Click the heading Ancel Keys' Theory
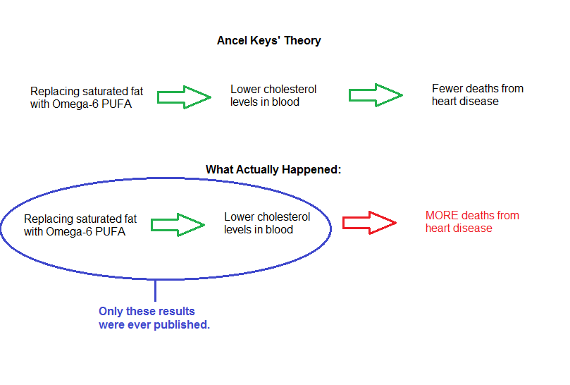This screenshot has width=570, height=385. tap(268, 40)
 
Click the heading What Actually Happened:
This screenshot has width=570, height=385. tap(273, 169)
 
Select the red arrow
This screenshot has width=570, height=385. tap(369, 222)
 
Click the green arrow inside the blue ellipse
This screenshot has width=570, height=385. tap(178, 225)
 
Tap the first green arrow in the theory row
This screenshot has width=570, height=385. tap(184, 97)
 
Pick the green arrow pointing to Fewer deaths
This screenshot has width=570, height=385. tap(376, 95)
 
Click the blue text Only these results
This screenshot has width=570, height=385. tap(147, 312)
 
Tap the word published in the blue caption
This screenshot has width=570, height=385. tap(181, 324)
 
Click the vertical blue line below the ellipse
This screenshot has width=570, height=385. tap(155, 291)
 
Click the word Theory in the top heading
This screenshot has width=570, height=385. tap(302, 41)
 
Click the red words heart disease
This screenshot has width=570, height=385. tap(459, 228)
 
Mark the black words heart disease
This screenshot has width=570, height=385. tap(465, 101)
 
